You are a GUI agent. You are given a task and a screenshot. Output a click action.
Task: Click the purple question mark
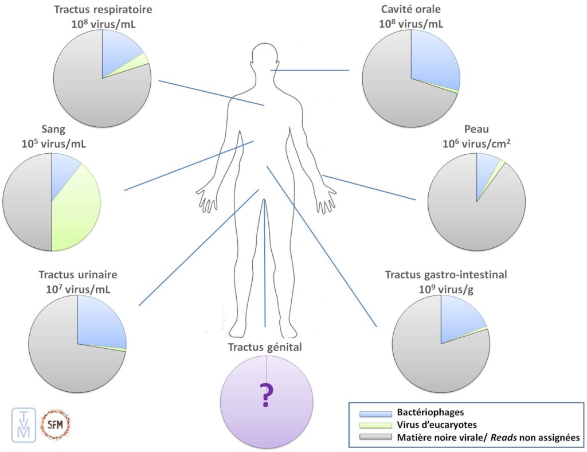pos(267,396)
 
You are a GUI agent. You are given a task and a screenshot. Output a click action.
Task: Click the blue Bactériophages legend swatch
pos(375,413)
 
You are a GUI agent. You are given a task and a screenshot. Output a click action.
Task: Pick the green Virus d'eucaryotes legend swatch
pos(375,426)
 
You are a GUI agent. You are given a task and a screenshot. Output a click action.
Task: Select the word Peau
pos(478,130)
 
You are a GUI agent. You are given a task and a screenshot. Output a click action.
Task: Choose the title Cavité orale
pos(410,10)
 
